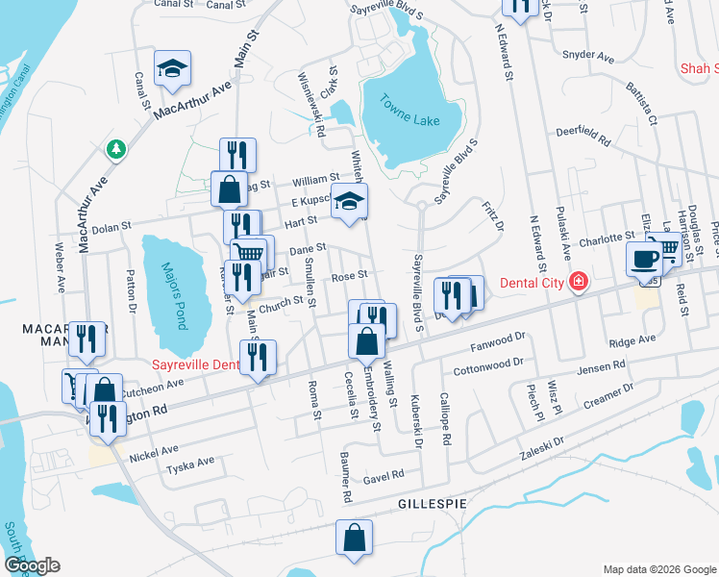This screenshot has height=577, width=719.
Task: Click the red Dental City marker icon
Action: (578, 283)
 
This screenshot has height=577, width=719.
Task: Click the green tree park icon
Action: (116, 150)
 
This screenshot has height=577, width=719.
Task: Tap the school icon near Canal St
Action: (172, 68)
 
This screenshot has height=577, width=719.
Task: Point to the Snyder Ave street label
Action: (589, 57)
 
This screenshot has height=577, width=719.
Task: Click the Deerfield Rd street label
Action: (583, 137)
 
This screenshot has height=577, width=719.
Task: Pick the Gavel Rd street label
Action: (384, 475)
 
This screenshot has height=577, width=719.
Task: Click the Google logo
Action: (32, 565)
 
